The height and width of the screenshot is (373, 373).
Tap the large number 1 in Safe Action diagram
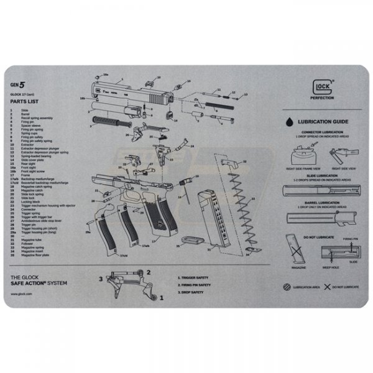point(162,298)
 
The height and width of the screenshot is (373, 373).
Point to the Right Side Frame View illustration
point(303,155)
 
